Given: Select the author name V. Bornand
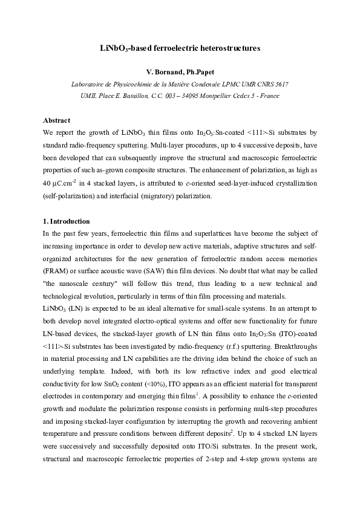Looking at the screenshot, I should (163, 73).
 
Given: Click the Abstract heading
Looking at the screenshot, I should (56, 120).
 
